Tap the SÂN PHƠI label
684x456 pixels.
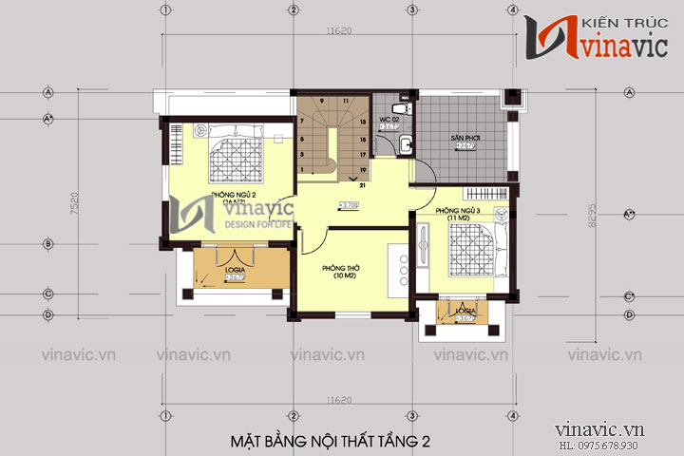pyautogui.click(x=465, y=138)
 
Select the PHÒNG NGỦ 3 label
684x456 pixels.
pyautogui.click(x=454, y=210)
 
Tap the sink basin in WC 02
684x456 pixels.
pyautogui.click(x=406, y=145)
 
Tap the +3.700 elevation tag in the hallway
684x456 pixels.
pyautogui.click(x=349, y=204)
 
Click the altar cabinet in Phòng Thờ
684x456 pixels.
pyautogui.click(x=399, y=267)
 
